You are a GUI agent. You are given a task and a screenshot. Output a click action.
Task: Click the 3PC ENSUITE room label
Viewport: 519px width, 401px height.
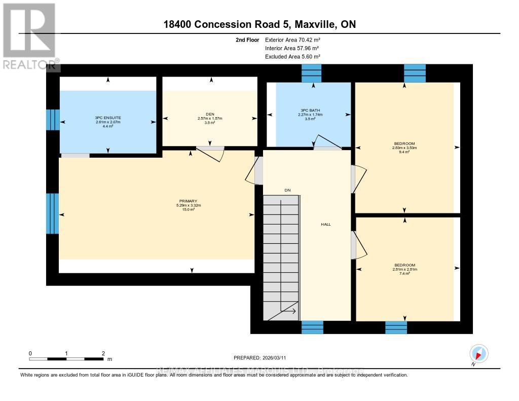point(107,117)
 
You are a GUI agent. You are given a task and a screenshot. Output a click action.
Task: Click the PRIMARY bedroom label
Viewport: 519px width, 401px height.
point(187,201)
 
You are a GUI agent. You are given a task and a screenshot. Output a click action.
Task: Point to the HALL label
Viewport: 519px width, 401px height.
point(325,224)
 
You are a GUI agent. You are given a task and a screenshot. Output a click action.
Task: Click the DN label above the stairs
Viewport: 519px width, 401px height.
point(287,190)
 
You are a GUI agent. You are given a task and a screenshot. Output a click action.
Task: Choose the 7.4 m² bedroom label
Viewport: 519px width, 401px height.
point(404,265)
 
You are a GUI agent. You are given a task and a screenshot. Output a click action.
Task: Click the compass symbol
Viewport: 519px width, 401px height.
point(478,353)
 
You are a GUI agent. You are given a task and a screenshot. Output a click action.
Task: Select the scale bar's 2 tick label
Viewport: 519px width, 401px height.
point(103,353)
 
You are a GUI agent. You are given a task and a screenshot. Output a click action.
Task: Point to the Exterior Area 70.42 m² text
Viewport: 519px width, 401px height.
point(292,40)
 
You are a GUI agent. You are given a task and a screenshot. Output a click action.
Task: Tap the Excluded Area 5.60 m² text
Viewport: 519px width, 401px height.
point(292,57)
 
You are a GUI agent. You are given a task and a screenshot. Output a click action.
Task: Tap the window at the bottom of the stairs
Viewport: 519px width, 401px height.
point(312,327)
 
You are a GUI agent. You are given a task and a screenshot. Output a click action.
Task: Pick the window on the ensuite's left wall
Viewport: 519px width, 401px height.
point(52,120)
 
